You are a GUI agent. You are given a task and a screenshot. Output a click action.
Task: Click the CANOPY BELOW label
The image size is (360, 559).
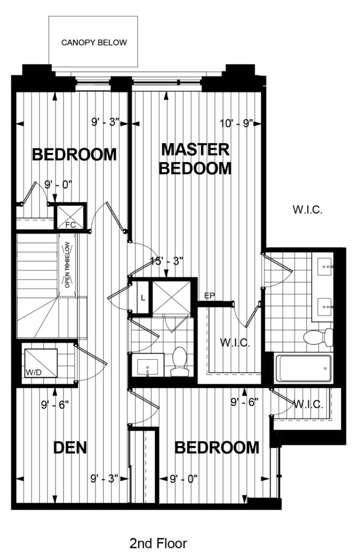94,43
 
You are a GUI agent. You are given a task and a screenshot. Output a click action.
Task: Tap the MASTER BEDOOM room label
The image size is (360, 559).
195,159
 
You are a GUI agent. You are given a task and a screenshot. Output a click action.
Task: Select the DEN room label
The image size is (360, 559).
70,448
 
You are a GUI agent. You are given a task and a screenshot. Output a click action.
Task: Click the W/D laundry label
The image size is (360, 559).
33,372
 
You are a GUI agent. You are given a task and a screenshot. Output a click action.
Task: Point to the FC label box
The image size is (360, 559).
70,225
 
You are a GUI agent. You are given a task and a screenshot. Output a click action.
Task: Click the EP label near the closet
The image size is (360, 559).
210,295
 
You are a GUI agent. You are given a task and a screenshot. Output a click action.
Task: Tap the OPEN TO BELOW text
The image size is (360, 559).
67,265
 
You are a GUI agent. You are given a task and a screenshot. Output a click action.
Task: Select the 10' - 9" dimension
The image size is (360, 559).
236,123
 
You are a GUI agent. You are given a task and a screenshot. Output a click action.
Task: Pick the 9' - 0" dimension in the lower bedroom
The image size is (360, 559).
184,478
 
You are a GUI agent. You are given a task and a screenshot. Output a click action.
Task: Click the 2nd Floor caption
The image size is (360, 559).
158,543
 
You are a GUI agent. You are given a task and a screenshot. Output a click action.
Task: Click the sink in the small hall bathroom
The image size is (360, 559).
147,365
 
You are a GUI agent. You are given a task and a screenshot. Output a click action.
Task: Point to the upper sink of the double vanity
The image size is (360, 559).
325,266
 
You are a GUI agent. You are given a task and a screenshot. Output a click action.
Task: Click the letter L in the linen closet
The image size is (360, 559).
143,298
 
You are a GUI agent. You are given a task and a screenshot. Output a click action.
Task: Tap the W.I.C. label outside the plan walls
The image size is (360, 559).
308,209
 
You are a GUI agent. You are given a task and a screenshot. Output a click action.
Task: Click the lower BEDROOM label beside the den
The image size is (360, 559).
217,448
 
